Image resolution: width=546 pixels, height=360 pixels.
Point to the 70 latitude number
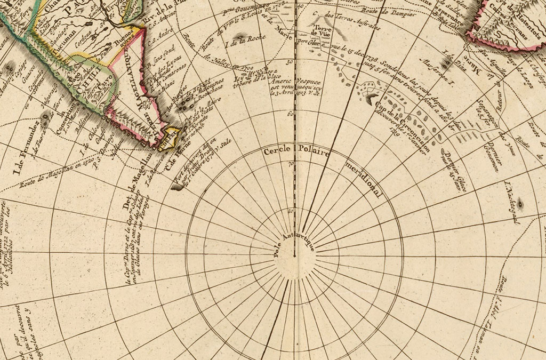pos(291,164)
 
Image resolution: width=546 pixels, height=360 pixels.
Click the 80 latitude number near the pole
pos(291,211)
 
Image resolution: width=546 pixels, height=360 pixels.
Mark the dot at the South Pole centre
pos(295,257)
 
